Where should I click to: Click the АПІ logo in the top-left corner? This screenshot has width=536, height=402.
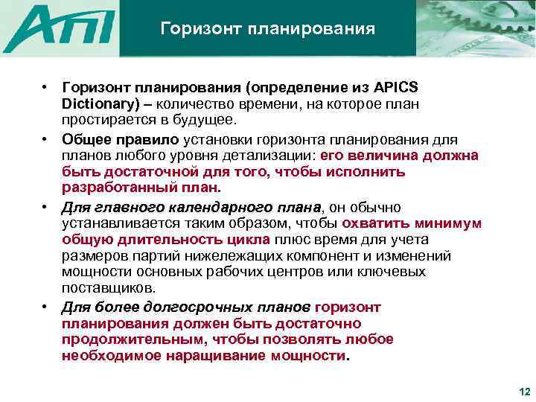pyautogui.click(x=60, y=28)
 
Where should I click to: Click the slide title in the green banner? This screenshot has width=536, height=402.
pyautogui.click(x=267, y=29)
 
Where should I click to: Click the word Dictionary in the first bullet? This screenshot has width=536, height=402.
pyautogui.click(x=98, y=103)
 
